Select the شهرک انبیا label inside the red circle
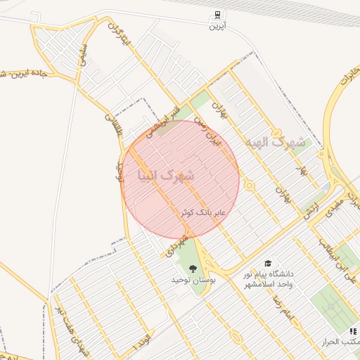(x=165, y=174)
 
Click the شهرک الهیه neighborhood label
(x=276, y=142)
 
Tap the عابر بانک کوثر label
(x=202, y=212)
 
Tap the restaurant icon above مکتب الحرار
(x=352, y=331)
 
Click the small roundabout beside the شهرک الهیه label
(x=252, y=186)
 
